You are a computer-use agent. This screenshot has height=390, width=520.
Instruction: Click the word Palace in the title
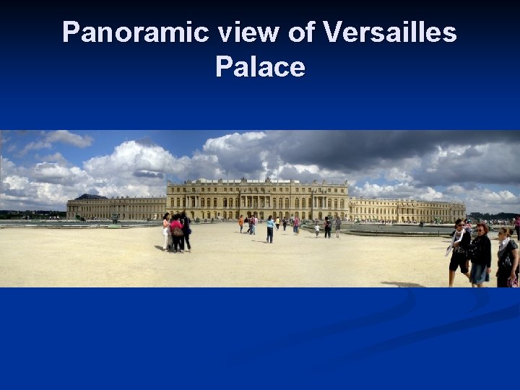(x=260, y=67)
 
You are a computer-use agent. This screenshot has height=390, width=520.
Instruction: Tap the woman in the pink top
(x=175, y=233)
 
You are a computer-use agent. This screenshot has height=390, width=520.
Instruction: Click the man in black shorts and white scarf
(x=459, y=253)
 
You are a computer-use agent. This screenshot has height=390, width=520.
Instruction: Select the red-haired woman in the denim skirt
(x=480, y=254)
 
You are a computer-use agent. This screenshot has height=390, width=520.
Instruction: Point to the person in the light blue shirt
(x=270, y=229)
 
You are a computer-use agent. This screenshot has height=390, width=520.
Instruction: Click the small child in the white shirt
(x=316, y=230)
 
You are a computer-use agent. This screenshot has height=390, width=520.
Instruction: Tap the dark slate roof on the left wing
(x=91, y=196)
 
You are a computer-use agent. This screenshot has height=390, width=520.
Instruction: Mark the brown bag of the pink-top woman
(x=178, y=232)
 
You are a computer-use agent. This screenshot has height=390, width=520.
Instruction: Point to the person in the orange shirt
(x=241, y=223)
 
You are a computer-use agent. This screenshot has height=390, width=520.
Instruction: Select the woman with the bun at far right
(x=507, y=256)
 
